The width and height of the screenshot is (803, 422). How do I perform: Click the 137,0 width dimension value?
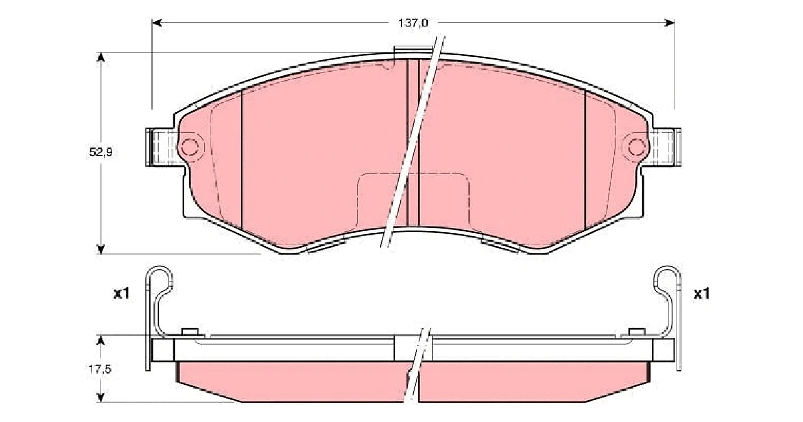coord(413,23)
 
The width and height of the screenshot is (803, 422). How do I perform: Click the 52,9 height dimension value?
coord(101,153)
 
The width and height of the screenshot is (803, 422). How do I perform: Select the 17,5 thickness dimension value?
coord(100,369)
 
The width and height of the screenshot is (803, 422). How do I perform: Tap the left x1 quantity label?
coord(122,294)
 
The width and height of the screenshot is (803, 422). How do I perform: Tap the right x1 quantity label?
coord(701,294)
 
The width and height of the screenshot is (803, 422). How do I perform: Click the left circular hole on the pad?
coord(189,147)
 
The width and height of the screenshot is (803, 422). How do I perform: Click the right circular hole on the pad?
coord(636,147)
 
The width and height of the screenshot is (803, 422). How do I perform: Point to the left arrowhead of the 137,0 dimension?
coord(157,23)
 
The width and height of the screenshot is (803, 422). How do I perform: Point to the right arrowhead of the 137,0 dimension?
coord(670,23)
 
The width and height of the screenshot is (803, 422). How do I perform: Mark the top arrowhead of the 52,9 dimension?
coord(101,58)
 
